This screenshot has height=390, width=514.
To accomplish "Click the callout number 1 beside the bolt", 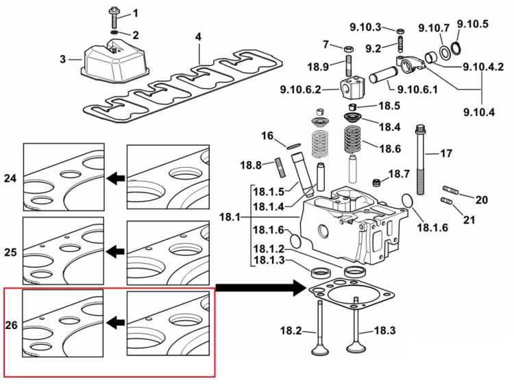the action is tap(136, 14).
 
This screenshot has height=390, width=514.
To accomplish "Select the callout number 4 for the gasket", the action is tap(198, 37).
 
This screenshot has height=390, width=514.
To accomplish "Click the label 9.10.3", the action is tap(365, 27).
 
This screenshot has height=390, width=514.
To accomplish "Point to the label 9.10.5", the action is tap(472, 24).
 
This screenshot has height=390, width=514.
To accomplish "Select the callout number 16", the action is tap(267, 135).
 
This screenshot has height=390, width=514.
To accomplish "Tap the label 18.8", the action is tap(251, 165).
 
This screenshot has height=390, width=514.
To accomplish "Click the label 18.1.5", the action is tap(269, 191).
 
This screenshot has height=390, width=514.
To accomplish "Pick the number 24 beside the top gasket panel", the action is tap(10, 178).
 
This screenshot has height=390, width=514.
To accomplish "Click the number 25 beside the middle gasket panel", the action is tap(10, 252).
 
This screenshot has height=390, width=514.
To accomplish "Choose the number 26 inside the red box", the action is tap(11, 325).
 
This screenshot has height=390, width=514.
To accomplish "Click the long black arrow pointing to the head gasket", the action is tap(261, 288).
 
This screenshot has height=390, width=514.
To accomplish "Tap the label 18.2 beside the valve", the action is tap(291, 330).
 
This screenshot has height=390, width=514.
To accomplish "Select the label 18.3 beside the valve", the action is tap(384, 330).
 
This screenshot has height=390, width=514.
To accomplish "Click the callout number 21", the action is tap(469, 220).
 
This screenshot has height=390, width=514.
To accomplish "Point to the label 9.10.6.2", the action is tap(300, 89).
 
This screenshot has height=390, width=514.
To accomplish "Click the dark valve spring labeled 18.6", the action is tap(353, 140).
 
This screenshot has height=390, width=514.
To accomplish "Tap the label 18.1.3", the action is tap(269, 260).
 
